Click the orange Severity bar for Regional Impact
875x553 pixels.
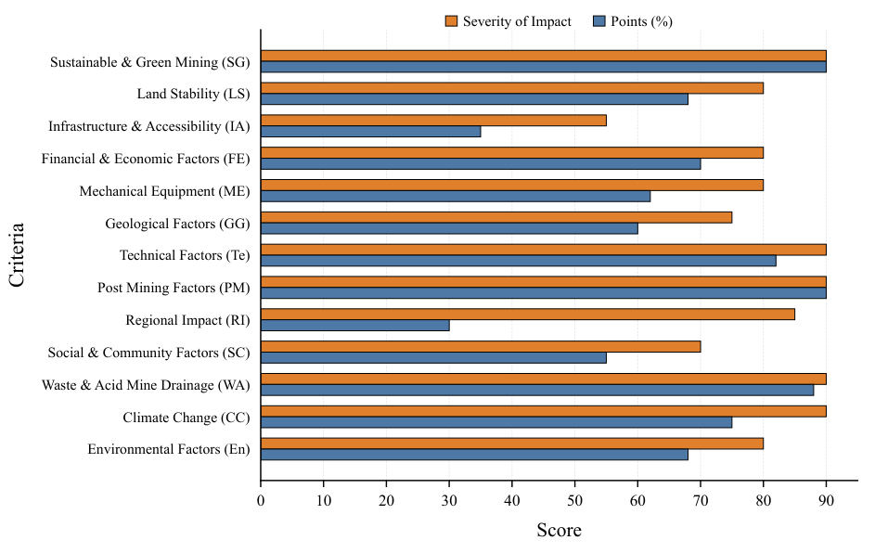pyautogui.click(x=528, y=315)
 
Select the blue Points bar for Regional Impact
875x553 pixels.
pyautogui.click(x=354, y=326)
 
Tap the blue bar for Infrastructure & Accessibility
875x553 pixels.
pyautogui.click(x=370, y=132)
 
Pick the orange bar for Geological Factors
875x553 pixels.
pyautogui.click(x=496, y=218)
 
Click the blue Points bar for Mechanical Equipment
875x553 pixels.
pyautogui.click(x=456, y=197)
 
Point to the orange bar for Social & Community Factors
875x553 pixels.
pyautogui.click(x=481, y=346)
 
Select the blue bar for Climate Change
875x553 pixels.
pyautogui.click(x=496, y=422)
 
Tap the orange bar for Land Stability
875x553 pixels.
pyautogui.click(x=511, y=88)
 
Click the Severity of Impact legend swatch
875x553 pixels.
pyautogui.click(x=452, y=21)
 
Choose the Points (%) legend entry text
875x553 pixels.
pyautogui.click(x=642, y=21)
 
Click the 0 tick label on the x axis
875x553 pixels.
pyautogui.click(x=261, y=500)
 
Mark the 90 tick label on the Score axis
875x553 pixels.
pyautogui.click(x=827, y=500)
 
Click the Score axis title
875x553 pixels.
pyautogui.click(x=560, y=530)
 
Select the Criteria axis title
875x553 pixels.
pyautogui.click(x=17, y=255)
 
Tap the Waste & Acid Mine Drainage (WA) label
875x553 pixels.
pyautogui.click(x=146, y=385)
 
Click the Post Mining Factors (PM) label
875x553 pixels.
pyautogui.click(x=174, y=288)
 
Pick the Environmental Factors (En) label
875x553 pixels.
pyautogui.click(x=169, y=449)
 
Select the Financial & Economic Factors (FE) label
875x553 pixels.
pyautogui.click(x=146, y=159)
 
